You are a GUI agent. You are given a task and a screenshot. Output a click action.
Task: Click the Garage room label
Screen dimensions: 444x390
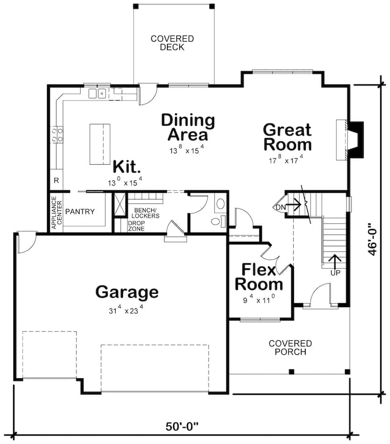click(127, 292)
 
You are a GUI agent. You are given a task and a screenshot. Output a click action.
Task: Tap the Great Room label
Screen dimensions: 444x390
click(287, 137)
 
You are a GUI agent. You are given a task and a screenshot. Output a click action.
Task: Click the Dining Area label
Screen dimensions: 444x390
click(188, 127)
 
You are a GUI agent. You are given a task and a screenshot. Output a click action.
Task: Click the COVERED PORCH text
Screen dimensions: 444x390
click(290, 348)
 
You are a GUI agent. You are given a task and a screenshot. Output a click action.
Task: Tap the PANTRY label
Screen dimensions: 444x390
click(80, 212)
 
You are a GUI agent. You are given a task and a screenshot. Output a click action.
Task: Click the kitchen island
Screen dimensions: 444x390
click(100, 144)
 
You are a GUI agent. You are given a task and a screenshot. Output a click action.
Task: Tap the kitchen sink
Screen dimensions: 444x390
click(98, 93)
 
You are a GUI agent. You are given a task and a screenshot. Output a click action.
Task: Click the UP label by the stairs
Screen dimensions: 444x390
click(335, 272)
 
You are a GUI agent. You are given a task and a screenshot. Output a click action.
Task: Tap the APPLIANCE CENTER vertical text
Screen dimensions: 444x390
click(56, 213)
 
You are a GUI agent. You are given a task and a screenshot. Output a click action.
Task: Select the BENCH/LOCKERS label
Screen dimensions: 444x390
click(146, 213)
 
